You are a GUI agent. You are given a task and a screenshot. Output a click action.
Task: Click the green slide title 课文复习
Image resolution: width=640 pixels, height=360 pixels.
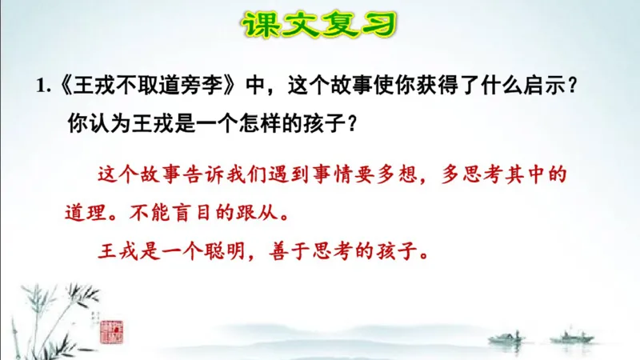[319, 25]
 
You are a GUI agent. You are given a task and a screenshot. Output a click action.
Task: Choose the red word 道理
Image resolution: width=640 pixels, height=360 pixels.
[83, 214]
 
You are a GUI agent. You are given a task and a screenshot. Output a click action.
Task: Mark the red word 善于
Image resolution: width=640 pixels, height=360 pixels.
[282, 251]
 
